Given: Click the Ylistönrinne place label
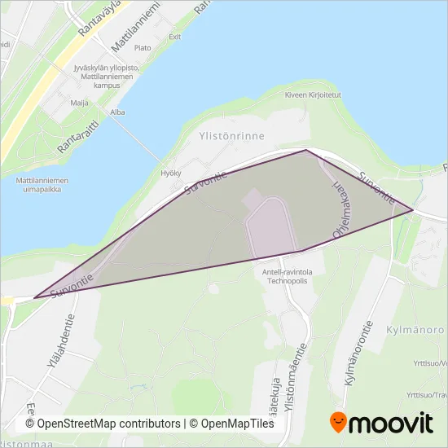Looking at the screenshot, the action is tap(233, 129).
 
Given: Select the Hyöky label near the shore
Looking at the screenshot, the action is tap(171, 173).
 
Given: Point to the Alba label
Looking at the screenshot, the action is tap(117, 112).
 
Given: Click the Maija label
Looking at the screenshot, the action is tap(80, 103).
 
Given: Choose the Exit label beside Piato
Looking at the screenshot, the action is tap(173, 37).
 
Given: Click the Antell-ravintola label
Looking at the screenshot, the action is tap(292, 272).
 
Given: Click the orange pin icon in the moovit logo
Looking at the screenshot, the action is tap(337, 423).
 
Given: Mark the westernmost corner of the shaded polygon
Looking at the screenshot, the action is tap(34, 298).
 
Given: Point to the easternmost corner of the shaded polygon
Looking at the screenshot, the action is tap(413, 211).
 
